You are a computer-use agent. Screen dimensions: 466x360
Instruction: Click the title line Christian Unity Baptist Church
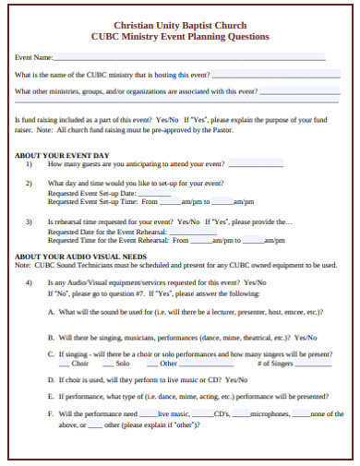pyautogui.click(x=180, y=26)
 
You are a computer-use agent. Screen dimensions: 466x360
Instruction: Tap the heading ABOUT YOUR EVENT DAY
pyautogui.click(x=63, y=154)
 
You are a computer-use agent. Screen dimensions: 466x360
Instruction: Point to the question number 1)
pyautogui.click(x=30, y=163)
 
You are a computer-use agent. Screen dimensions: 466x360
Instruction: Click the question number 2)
pyautogui.click(x=30, y=184)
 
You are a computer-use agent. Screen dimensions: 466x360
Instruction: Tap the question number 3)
pyautogui.click(x=30, y=221)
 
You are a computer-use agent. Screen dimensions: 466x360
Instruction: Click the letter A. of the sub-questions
pyautogui.click(x=50, y=312)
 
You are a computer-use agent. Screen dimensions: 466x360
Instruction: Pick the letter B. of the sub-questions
pyautogui.click(x=50, y=338)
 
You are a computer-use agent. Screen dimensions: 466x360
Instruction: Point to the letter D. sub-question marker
pyautogui.click(x=50, y=378)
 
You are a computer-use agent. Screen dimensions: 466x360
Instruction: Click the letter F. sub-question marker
pyautogui.click(x=50, y=414)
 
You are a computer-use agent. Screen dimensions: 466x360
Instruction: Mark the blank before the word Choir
pyautogui.click(x=65, y=364)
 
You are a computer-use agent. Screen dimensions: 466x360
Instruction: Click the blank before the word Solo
pyautogui.click(x=110, y=364)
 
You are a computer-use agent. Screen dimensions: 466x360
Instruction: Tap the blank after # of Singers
pyautogui.click(x=311, y=364)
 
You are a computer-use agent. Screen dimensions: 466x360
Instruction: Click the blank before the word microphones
pyautogui.click(x=240, y=415)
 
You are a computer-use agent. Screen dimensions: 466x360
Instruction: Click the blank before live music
pyautogui.click(x=148, y=415)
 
